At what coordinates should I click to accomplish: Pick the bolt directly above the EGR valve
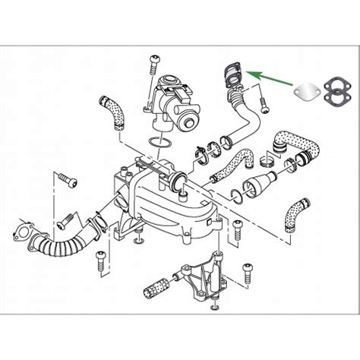point(155,61)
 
